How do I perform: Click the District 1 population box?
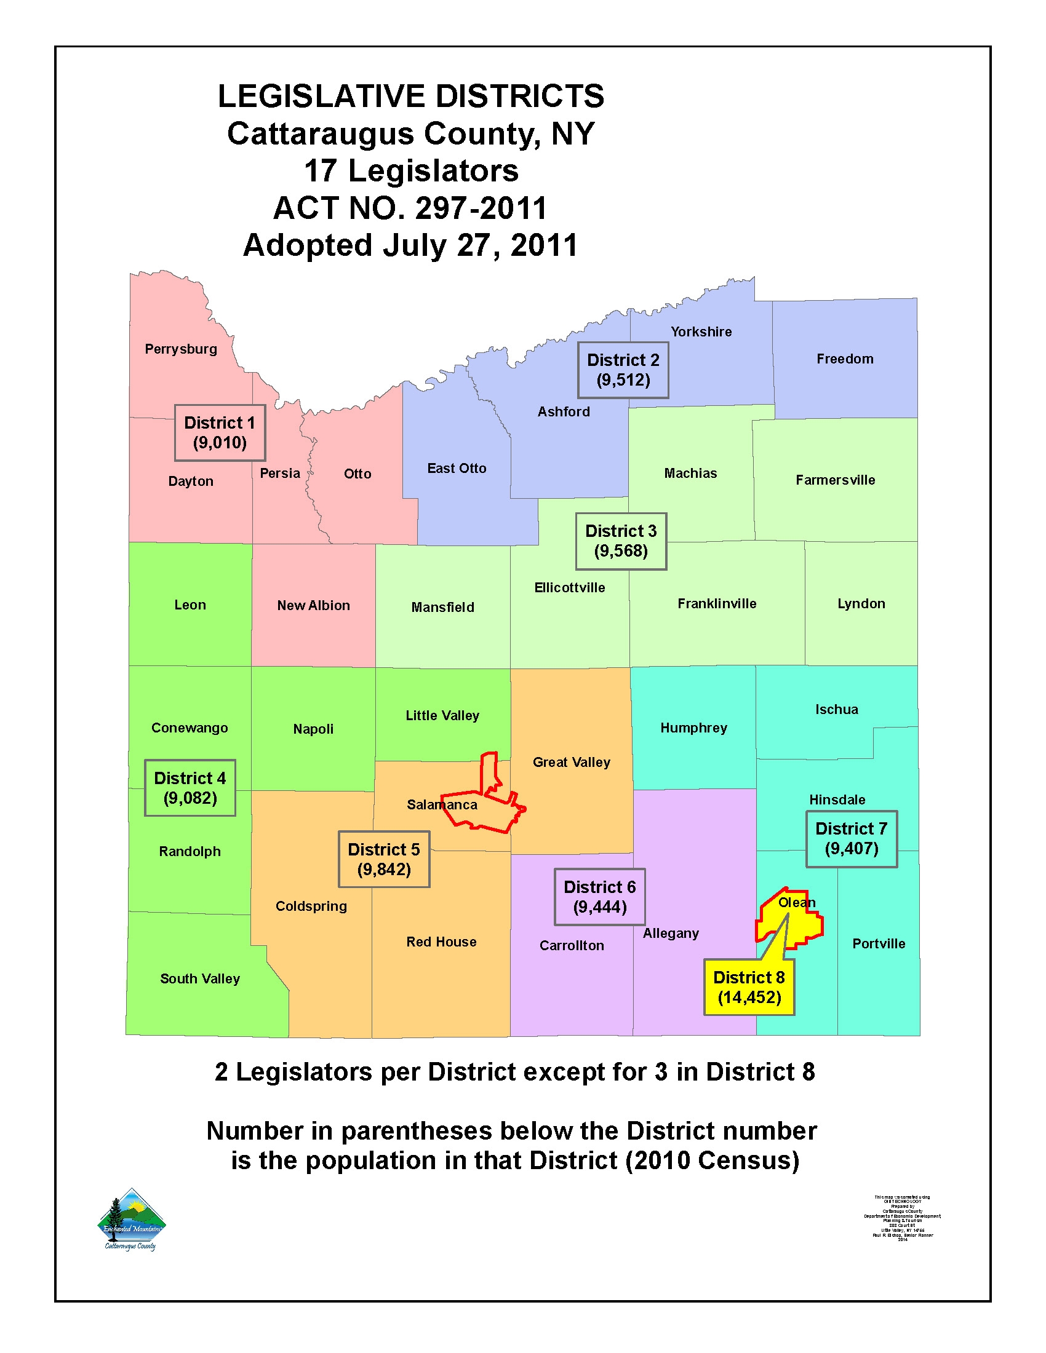220,432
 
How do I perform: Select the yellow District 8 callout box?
749,987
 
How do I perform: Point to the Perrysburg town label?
181,349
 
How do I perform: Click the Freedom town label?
845,359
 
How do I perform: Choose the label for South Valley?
199,978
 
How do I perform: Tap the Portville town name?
878,943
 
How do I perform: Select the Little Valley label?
442,715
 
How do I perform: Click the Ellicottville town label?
570,587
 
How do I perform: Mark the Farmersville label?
835,480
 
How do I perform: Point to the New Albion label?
313,605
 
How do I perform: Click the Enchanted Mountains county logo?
132,1220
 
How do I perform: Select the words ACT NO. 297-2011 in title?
410,208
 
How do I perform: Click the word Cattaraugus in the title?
321,134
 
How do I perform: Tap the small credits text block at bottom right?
901,1217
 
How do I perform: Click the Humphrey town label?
693,728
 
